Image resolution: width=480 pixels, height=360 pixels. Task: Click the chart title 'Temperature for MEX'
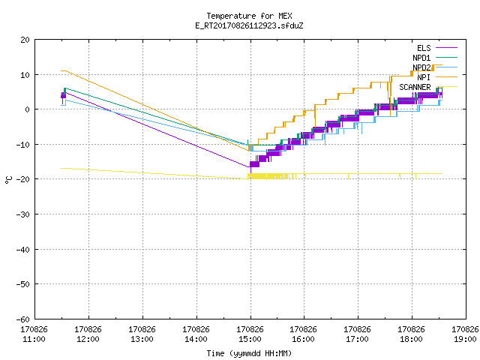pyautogui.click(x=249, y=16)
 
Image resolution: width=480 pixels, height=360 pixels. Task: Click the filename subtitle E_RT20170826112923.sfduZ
pyautogui.click(x=249, y=25)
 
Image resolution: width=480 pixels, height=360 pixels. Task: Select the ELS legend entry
pyautogui.click(x=424, y=48)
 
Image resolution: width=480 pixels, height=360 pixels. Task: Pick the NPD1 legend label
pyautogui.click(x=421, y=58)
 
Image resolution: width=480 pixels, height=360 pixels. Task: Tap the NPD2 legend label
pyautogui.click(x=421, y=67)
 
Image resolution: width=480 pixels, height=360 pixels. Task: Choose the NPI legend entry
pyautogui.click(x=424, y=77)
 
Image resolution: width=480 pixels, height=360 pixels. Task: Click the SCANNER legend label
pyautogui.click(x=415, y=87)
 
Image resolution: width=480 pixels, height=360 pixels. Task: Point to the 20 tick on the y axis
pyautogui.click(x=25, y=40)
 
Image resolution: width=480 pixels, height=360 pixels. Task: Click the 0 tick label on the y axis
pyautogui.click(x=28, y=109)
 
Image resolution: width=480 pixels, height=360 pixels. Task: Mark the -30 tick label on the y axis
pyautogui.click(x=23, y=214)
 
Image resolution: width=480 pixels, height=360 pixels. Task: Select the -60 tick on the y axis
pyautogui.click(x=23, y=319)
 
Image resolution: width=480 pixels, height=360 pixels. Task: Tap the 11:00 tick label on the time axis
pyautogui.click(x=34, y=339)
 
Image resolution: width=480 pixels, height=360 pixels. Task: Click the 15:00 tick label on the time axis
pyautogui.click(x=250, y=339)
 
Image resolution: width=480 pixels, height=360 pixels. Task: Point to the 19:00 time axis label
pyautogui.click(x=465, y=339)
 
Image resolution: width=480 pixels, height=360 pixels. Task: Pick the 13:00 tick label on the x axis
pyautogui.click(x=142, y=339)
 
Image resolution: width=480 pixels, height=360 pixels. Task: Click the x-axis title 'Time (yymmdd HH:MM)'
pyautogui.click(x=249, y=353)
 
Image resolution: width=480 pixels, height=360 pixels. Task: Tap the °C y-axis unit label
pyautogui.click(x=8, y=180)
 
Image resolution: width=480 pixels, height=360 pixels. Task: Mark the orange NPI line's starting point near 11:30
pyautogui.click(x=61, y=70)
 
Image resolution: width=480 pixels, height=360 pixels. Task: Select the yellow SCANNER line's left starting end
pyautogui.click(x=61, y=168)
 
